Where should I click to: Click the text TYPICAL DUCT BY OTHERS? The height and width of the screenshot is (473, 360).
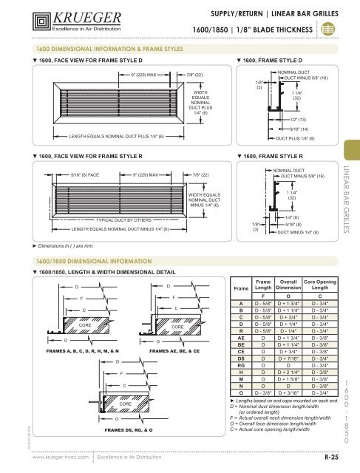[123, 220]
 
